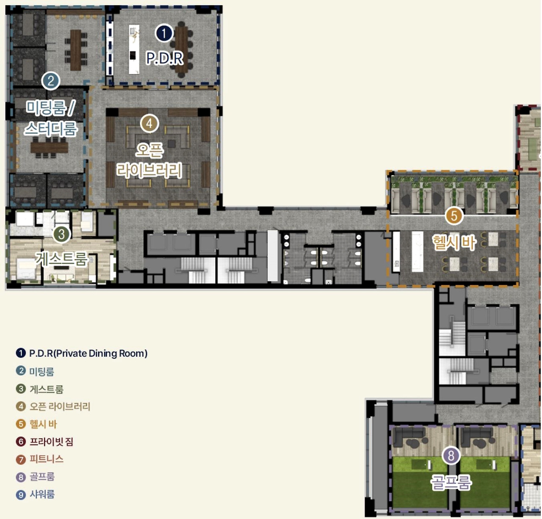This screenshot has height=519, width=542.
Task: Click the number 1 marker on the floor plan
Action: tap(164, 33)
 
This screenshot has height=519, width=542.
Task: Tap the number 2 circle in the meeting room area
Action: tap(51, 81)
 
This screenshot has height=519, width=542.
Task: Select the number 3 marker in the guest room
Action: tap(61, 234)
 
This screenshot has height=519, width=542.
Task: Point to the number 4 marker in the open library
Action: tap(149, 124)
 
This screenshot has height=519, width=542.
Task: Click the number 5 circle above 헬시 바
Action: tap(454, 216)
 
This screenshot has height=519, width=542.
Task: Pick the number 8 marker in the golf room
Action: tap(451, 455)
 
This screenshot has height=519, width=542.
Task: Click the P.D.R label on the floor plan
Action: tap(165, 58)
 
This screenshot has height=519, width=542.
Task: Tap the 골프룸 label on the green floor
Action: tap(451, 482)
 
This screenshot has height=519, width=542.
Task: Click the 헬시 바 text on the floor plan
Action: tap(454, 242)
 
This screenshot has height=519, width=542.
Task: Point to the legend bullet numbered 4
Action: tap(21, 406)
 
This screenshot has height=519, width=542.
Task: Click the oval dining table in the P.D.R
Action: tap(182, 49)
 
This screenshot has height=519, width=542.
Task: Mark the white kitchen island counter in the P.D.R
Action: tap(134, 49)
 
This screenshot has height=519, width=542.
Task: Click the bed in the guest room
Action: tap(26, 269)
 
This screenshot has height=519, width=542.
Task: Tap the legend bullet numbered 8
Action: tap(21, 477)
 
